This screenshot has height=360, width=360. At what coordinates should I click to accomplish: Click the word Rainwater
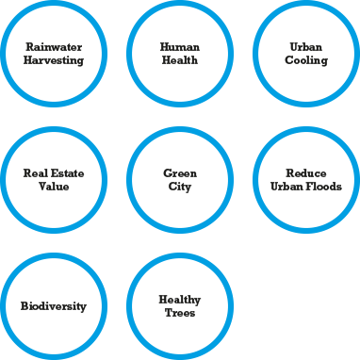(54, 46)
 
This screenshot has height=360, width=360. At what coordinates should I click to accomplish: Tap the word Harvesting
(54, 59)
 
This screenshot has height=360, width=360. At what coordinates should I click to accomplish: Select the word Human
(180, 46)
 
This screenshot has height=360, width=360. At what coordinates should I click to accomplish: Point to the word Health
(180, 59)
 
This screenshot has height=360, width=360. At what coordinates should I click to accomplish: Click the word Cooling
(306, 59)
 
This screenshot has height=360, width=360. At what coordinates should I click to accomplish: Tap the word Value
(54, 187)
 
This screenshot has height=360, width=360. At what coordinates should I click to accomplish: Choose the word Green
(180, 173)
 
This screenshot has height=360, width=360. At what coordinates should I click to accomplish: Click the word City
(180, 187)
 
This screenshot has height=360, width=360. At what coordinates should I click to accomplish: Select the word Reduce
(306, 173)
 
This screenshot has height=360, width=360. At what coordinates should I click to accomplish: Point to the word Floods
(321, 187)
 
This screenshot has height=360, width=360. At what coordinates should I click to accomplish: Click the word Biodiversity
(54, 306)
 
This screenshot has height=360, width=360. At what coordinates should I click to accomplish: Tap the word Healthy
(180, 300)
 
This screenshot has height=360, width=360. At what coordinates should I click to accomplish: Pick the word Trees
(180, 313)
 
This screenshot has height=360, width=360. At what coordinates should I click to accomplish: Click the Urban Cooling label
(306, 53)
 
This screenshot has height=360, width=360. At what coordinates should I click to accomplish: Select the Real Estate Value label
(54, 180)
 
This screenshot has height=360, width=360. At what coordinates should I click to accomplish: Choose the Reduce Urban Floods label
(306, 180)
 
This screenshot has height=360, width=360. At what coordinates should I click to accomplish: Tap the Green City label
(180, 180)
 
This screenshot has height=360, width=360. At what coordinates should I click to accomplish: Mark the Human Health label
(180, 53)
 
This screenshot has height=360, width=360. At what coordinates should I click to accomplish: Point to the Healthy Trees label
(180, 306)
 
